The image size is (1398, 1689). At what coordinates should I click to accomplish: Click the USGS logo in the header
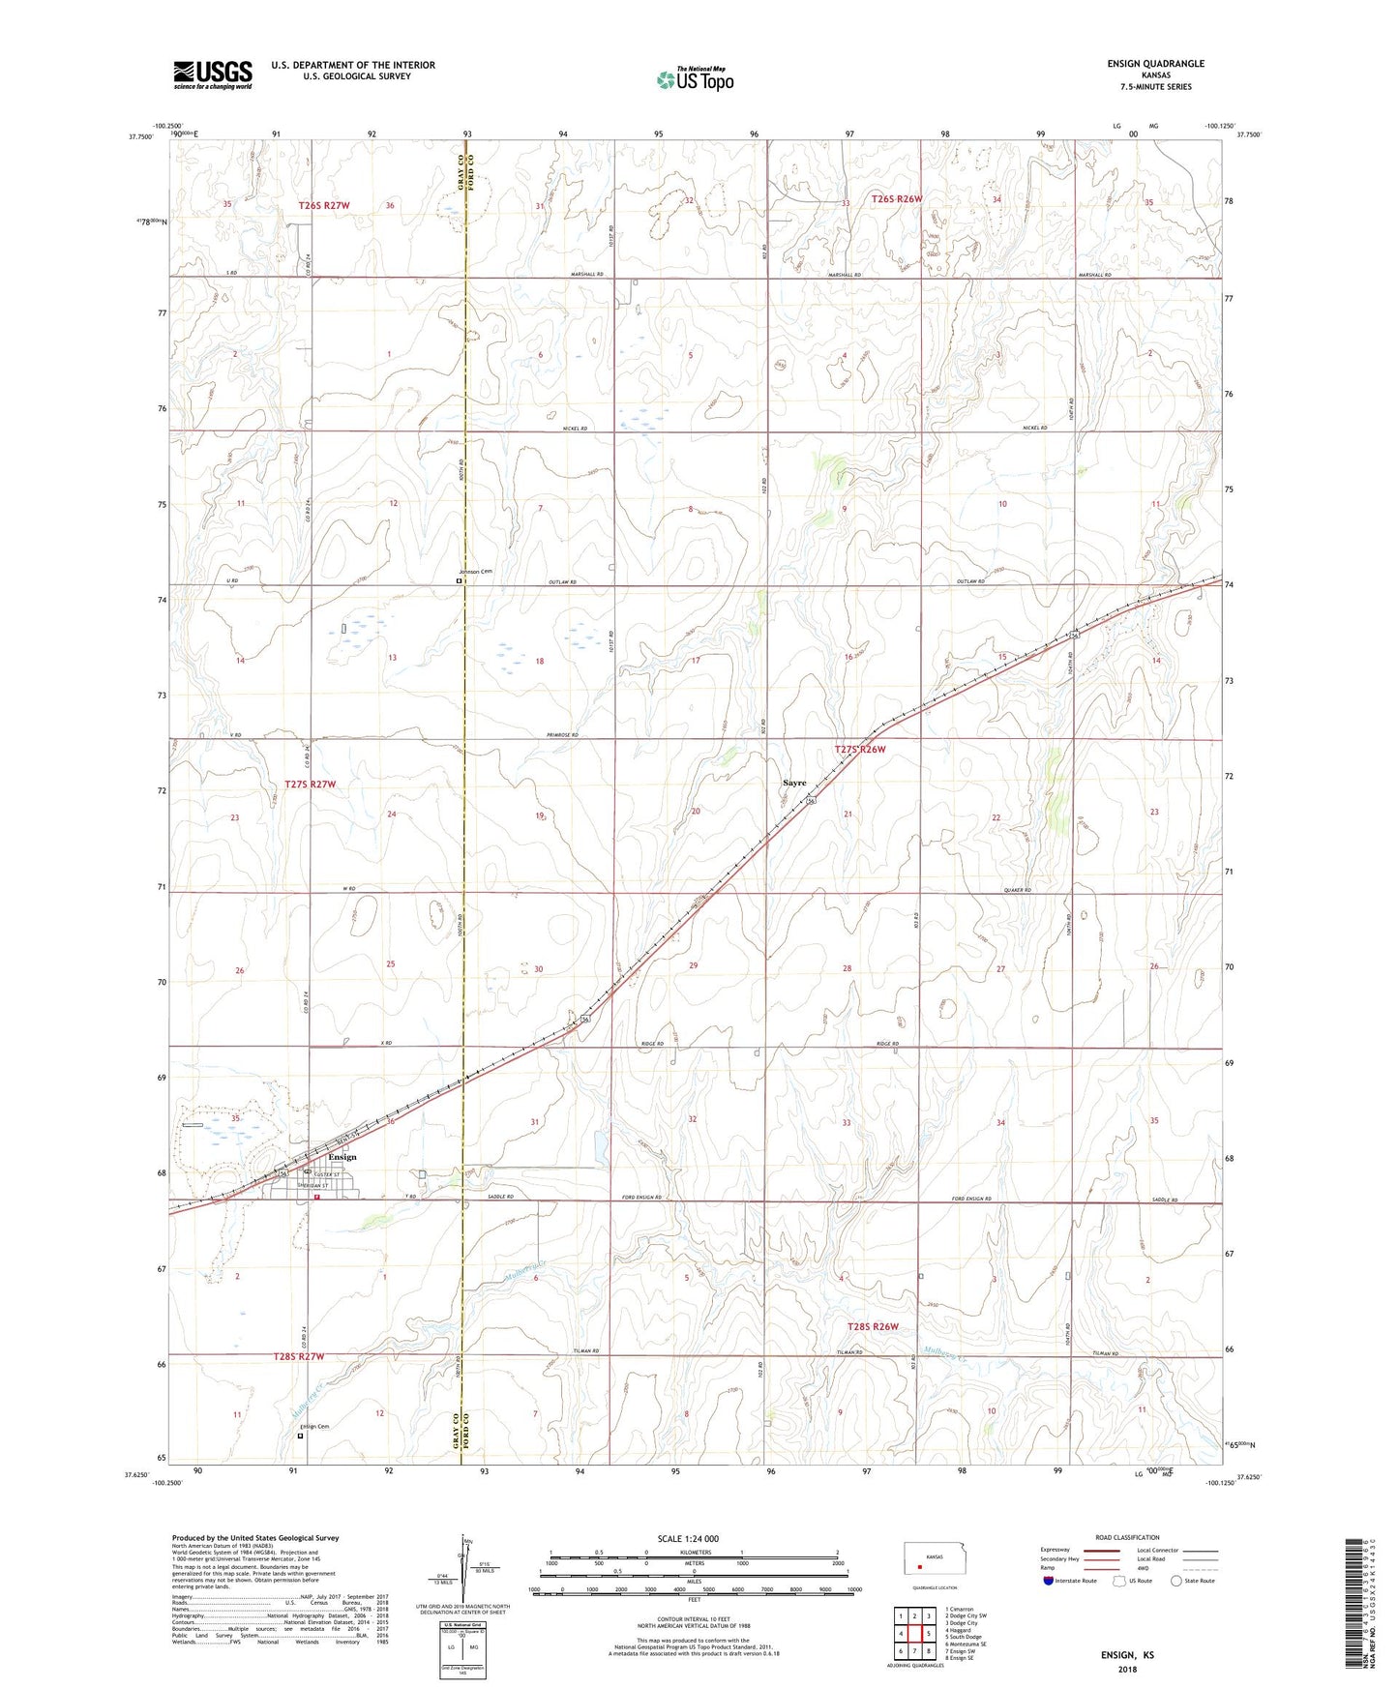click(213, 74)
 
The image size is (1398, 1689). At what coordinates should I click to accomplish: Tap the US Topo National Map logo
click(694, 78)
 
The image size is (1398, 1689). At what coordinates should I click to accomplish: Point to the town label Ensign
click(342, 1157)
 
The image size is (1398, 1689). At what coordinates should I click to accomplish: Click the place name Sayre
click(794, 783)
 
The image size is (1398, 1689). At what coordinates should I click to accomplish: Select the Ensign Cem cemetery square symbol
click(300, 1437)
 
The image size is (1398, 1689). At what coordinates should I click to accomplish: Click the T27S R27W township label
click(311, 785)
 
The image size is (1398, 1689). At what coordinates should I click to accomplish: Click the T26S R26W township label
click(897, 199)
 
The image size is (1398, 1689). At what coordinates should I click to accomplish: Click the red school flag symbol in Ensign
click(316, 1196)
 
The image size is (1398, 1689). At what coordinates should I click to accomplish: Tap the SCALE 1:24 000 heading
click(688, 1539)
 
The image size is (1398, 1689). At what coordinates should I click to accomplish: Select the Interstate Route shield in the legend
click(1049, 1581)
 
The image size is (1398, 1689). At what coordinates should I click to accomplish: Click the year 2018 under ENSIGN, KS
click(1127, 1670)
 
